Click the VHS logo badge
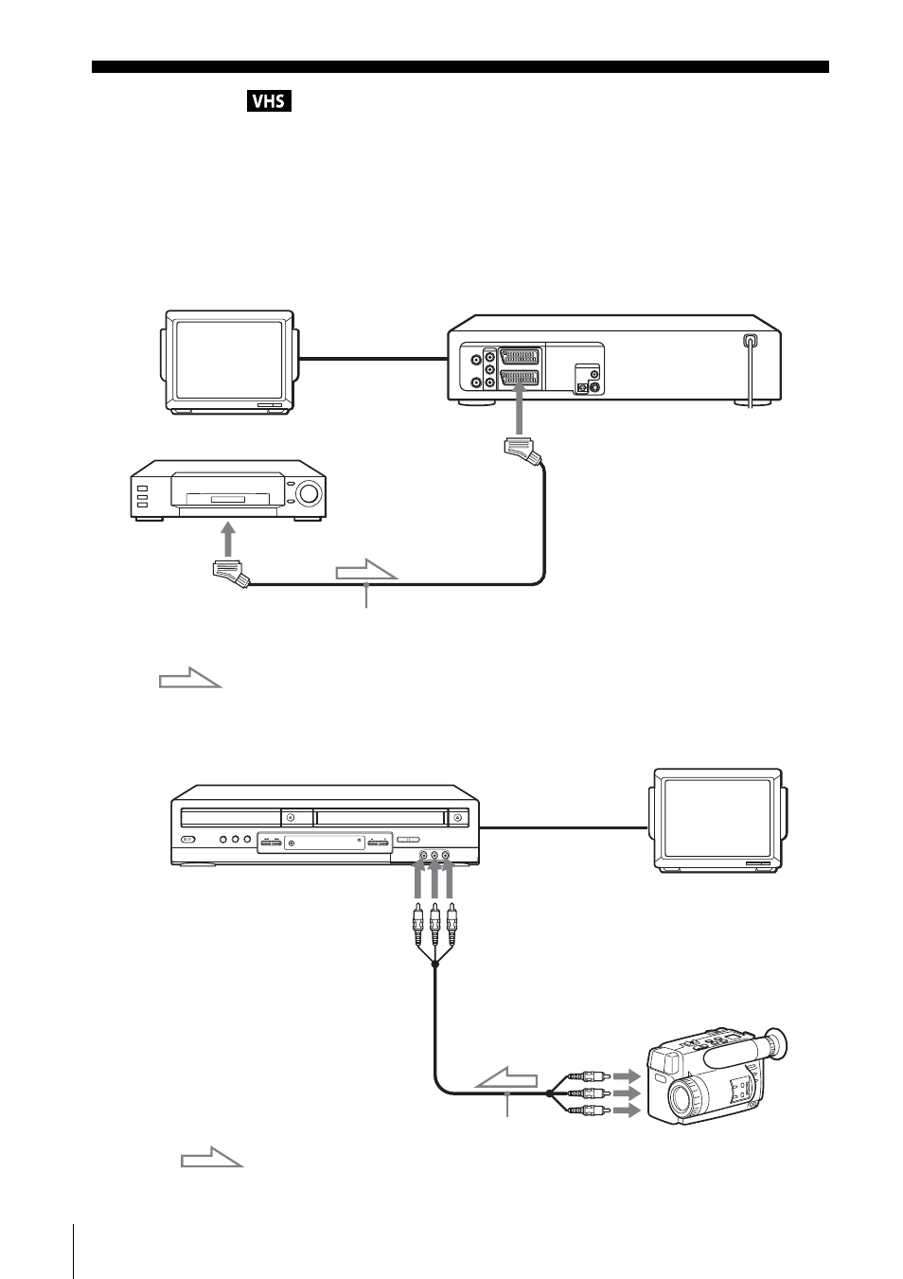pyautogui.click(x=269, y=101)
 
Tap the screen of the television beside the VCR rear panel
pyautogui.click(x=229, y=360)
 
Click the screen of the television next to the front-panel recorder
pyautogui.click(x=717, y=817)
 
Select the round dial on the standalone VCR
pyautogui.click(x=309, y=492)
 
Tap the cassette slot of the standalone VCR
pyautogui.click(x=228, y=499)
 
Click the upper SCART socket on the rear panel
pyautogui.click(x=520, y=358)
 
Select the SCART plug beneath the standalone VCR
pyautogui.click(x=230, y=573)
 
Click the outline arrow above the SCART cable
pyautogui.click(x=366, y=569)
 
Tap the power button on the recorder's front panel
pyautogui.click(x=187, y=840)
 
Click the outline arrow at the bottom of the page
pyautogui.click(x=212, y=1156)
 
